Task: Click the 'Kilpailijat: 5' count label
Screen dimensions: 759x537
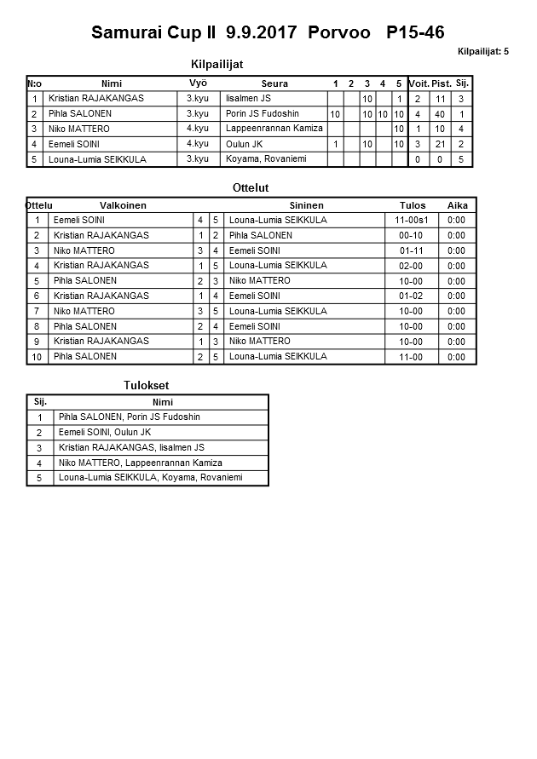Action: [x=482, y=52]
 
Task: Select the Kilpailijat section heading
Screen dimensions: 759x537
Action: [x=222, y=64]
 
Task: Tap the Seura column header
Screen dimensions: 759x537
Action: [x=274, y=83]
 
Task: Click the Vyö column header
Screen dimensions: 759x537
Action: [x=198, y=83]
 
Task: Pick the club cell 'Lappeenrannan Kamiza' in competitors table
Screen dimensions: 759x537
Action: [x=274, y=129]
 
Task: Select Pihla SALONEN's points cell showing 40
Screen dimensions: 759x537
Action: [x=440, y=114]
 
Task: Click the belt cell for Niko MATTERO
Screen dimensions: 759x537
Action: [x=198, y=129]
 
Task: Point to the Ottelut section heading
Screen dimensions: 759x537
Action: [x=251, y=187]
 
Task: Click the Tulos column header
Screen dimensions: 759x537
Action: [x=413, y=205]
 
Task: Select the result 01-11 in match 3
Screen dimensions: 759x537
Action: [x=413, y=250]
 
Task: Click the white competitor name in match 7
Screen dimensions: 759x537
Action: [x=84, y=311]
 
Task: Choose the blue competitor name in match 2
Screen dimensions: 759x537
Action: [x=261, y=235]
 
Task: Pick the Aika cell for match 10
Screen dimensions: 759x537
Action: [x=456, y=357]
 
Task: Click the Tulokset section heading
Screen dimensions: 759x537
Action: [x=147, y=386]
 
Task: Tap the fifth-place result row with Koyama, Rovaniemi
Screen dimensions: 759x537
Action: [x=151, y=478]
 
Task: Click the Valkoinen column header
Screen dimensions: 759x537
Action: [x=123, y=205]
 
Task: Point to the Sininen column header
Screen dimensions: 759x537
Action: [x=307, y=205]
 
